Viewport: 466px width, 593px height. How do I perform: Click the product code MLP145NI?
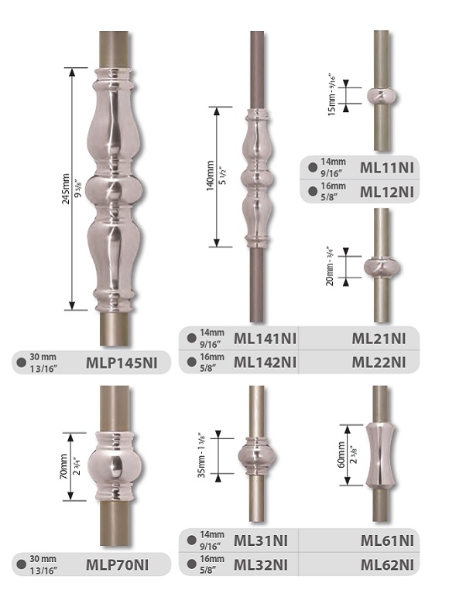point(122,363)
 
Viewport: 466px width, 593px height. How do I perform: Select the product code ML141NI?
point(265,338)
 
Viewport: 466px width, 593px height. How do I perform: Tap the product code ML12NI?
point(387,192)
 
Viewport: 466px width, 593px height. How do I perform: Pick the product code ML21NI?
point(379,338)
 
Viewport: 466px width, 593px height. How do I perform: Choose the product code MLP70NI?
point(118,564)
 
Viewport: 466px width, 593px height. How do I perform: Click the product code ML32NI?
point(261,564)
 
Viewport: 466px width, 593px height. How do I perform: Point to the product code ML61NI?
point(387,540)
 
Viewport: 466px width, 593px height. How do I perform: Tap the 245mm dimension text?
point(66,189)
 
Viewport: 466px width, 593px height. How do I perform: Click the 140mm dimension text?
point(211,176)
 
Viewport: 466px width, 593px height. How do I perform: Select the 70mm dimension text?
point(63,466)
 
